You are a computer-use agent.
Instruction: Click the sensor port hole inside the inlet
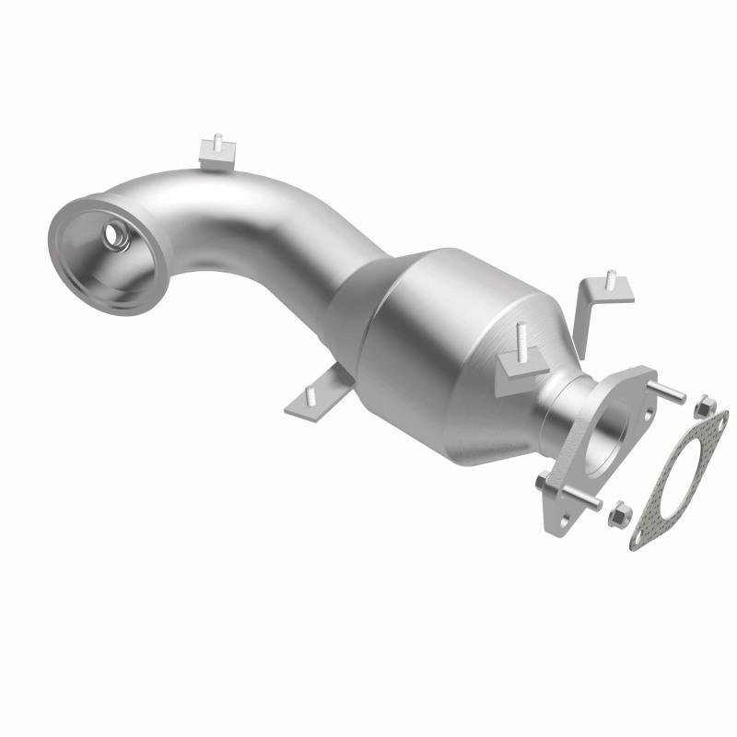pos(118,236)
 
